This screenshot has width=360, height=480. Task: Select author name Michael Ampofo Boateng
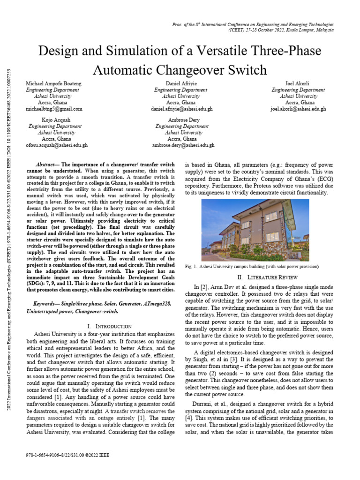point(53,83)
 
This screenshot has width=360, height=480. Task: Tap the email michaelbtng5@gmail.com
point(54,108)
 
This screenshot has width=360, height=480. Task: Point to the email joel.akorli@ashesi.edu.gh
point(298,108)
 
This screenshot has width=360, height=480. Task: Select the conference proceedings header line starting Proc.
point(253,23)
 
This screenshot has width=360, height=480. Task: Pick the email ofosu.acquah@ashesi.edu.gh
point(56,145)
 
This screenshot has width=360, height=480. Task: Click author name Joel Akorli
point(298,83)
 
